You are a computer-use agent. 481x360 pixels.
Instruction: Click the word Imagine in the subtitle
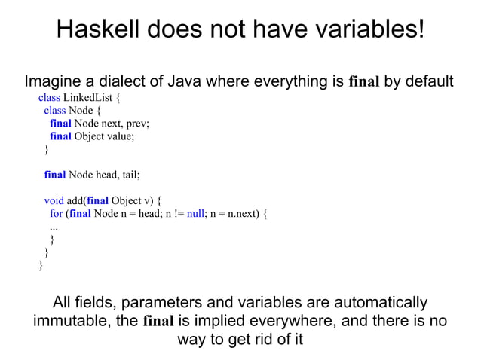pyautogui.click(x=54, y=81)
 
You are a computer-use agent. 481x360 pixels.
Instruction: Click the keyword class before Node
pyautogui.click(x=54, y=111)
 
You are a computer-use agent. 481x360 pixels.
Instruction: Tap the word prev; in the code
pyautogui.click(x=137, y=124)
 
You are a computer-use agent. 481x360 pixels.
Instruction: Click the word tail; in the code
pyautogui.click(x=127, y=175)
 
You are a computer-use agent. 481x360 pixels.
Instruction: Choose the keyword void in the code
pyautogui.click(x=54, y=201)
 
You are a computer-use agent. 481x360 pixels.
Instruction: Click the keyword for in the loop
pyautogui.click(x=57, y=214)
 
